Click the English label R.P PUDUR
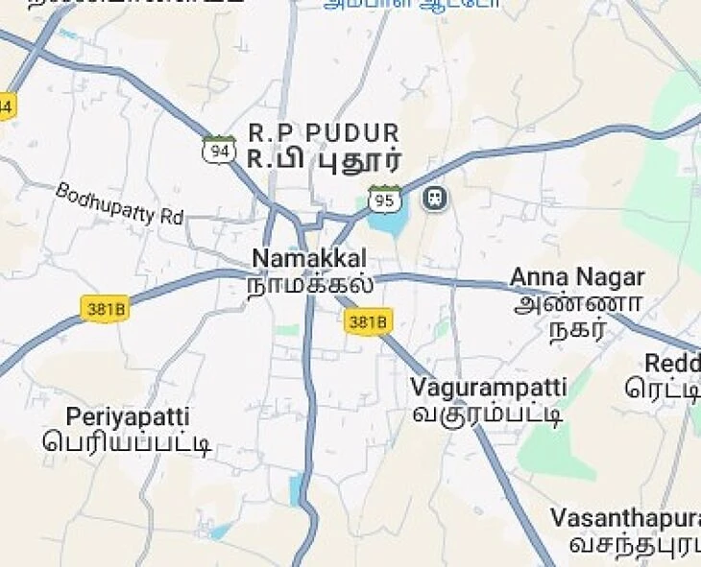323,132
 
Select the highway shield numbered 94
219,150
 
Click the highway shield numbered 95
384,200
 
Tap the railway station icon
435,199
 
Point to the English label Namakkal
308,258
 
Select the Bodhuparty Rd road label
119,203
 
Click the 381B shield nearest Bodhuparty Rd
105,309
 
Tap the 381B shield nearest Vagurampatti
368,322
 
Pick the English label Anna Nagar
576,277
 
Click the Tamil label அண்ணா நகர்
577,318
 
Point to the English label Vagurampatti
488,388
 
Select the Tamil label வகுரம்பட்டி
487,414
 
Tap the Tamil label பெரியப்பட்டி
127,443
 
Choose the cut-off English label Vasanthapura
624,518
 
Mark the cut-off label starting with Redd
671,364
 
